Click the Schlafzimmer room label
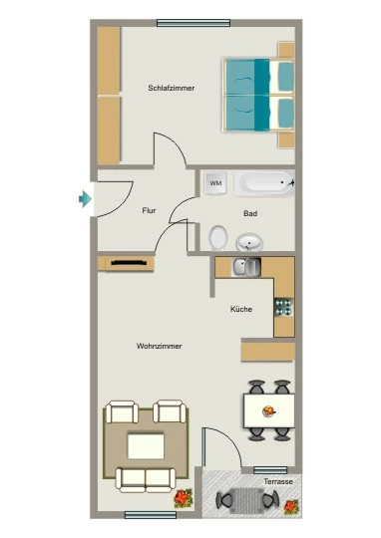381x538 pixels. click(172, 89)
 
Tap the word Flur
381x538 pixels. click(149, 210)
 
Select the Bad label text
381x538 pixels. click(250, 213)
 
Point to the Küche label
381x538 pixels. click(241, 309)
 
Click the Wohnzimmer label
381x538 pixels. click(159, 346)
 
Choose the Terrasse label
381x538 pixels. click(278, 481)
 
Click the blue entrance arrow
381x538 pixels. click(85, 199)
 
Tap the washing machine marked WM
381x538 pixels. click(215, 183)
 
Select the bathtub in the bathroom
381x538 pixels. click(264, 183)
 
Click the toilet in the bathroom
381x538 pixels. click(218, 237)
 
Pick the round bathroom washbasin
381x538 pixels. click(249, 242)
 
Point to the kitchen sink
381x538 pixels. click(246, 267)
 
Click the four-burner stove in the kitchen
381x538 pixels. click(283, 307)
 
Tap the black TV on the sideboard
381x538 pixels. click(129, 263)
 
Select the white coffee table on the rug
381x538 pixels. click(146, 446)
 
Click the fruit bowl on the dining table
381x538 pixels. click(269, 411)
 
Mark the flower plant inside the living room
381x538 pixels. click(184, 498)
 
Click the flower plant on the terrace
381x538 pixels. click(291, 507)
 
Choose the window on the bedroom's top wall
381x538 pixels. click(193, 23)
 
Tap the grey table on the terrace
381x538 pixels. click(246, 500)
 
